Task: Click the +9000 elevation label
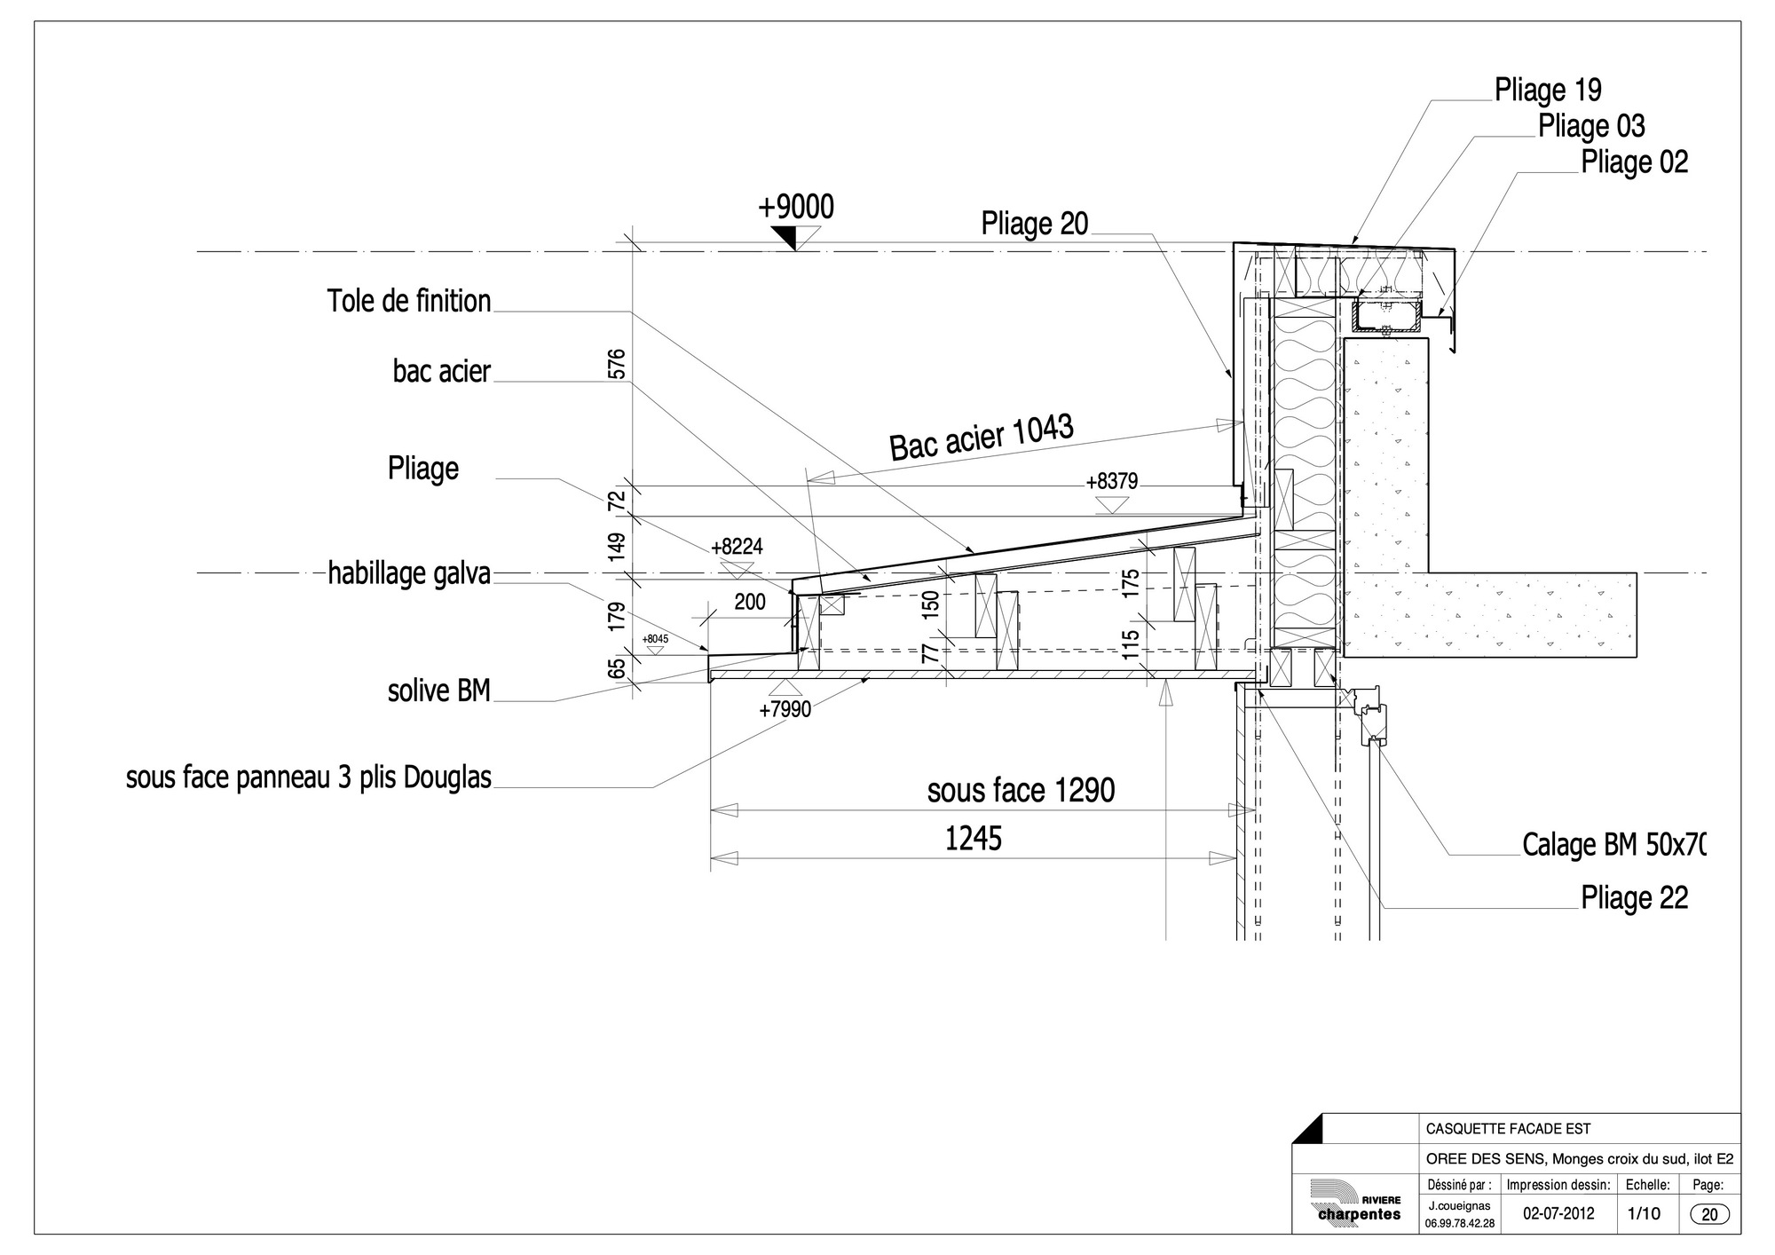[796, 207]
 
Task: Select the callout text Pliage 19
[1548, 90]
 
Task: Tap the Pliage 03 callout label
[1591, 126]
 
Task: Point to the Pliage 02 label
[1634, 162]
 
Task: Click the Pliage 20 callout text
[1034, 224]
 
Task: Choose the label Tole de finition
[409, 301]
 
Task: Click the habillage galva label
[409, 573]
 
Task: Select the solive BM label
[439, 691]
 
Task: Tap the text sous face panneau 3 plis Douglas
[309, 778]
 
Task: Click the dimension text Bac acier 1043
[982, 437]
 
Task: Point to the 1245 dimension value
[973, 839]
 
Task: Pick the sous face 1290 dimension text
[1021, 790]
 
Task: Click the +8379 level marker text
[1112, 482]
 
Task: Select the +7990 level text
[785, 709]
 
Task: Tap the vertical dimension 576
[618, 364]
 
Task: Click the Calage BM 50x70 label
[1614, 844]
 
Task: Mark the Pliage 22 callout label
[1634, 898]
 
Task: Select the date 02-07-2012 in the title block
[1558, 1213]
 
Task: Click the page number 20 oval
[1709, 1215]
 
